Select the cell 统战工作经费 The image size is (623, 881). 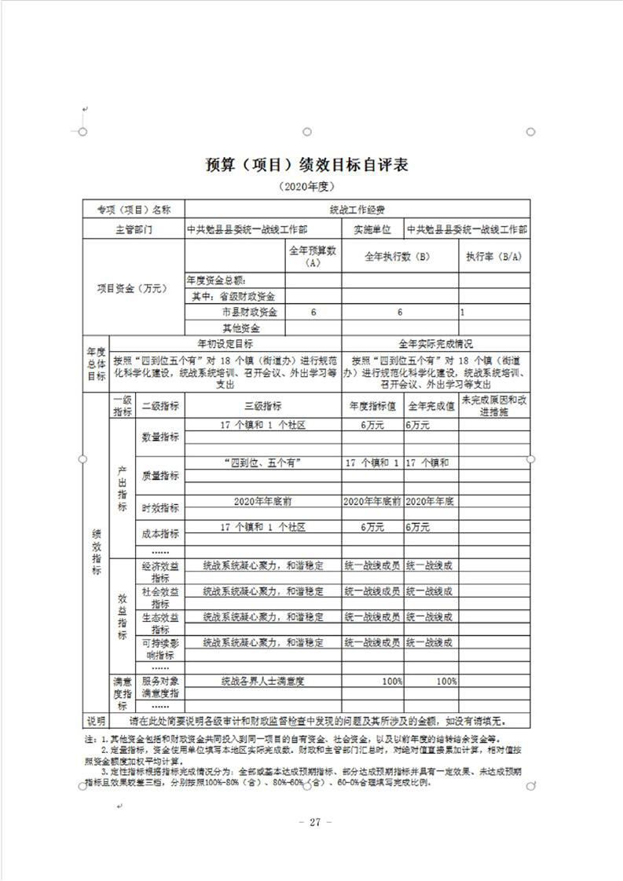click(357, 210)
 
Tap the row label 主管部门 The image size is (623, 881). click(133, 229)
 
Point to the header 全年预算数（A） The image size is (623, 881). click(312, 256)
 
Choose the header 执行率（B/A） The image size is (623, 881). click(493, 256)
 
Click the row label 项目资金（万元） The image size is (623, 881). click(133, 288)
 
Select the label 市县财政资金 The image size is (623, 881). click(252, 312)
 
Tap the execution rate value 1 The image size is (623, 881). click(463, 312)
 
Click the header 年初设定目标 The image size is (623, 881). click(225, 344)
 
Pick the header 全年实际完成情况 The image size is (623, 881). click(435, 344)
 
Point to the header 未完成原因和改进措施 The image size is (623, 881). click(493, 406)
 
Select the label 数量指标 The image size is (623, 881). click(159, 437)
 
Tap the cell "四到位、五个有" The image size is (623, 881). click(262, 462)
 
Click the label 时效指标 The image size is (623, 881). click(159, 507)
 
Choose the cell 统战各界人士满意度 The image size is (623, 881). click(262, 681)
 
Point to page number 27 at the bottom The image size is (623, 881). click(312, 822)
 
